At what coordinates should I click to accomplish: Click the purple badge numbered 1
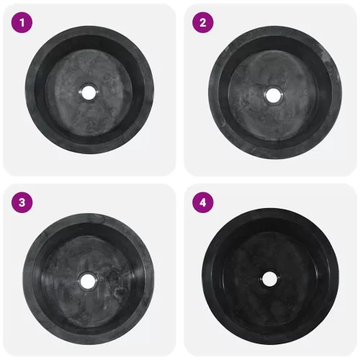click(x=22, y=23)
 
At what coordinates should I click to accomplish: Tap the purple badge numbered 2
click(x=203, y=23)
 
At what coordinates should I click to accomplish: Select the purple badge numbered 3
click(x=22, y=202)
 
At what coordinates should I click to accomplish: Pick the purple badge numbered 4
click(x=203, y=202)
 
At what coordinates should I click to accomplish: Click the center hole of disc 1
click(x=89, y=92)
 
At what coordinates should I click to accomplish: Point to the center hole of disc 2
click(x=273, y=95)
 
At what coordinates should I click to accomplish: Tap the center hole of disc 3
click(x=87, y=281)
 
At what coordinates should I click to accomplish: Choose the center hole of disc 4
click(x=269, y=279)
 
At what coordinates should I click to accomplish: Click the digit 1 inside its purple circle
click(x=22, y=23)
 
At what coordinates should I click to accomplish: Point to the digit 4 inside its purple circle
click(x=203, y=202)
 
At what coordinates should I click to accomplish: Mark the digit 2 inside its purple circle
click(x=203, y=23)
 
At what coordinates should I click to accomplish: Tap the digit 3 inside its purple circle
click(x=22, y=202)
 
